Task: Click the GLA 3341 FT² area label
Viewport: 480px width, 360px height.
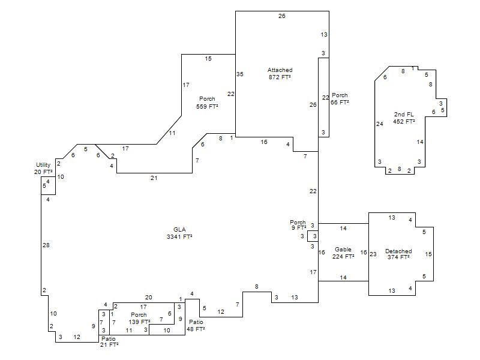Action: click(x=179, y=233)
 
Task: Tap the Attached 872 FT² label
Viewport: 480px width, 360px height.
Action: click(x=280, y=74)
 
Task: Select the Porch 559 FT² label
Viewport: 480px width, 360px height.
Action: click(x=207, y=103)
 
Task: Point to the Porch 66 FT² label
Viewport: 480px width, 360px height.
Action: click(x=340, y=99)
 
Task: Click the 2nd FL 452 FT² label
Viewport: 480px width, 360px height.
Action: click(x=404, y=118)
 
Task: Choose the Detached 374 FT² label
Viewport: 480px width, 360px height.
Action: click(x=398, y=254)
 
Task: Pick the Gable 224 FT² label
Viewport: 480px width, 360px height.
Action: click(x=343, y=253)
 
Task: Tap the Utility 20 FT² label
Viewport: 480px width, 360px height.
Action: click(x=43, y=168)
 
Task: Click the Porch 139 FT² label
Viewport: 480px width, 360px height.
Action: click(x=139, y=319)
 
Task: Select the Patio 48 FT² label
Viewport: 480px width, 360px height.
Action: click(x=196, y=326)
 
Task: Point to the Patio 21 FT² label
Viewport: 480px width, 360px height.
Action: click(x=109, y=342)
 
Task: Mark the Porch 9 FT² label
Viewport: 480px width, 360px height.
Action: click(x=298, y=225)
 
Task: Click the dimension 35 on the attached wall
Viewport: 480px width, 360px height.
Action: click(x=240, y=74)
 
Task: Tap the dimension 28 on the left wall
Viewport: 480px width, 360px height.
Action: click(x=46, y=245)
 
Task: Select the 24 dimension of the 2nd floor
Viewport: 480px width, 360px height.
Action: click(x=379, y=124)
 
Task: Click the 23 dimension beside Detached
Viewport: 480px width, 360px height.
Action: click(x=373, y=254)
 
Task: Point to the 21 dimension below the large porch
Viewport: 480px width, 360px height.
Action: click(x=154, y=178)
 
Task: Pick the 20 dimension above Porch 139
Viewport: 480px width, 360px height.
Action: click(x=148, y=298)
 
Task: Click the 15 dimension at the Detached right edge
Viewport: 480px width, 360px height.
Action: click(x=428, y=254)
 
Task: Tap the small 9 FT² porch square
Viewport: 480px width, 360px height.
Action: click(x=313, y=236)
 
